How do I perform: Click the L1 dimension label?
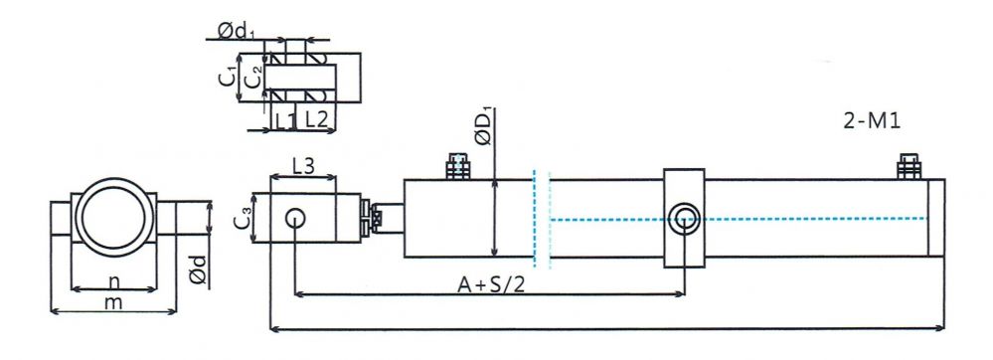(285, 119)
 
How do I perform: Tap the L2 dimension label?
(317, 119)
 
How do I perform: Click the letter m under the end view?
(114, 301)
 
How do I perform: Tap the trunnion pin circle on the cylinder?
(684, 218)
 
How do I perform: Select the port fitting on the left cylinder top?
(457, 166)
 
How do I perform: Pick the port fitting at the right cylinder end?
(908, 166)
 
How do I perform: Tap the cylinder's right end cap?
(935, 219)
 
